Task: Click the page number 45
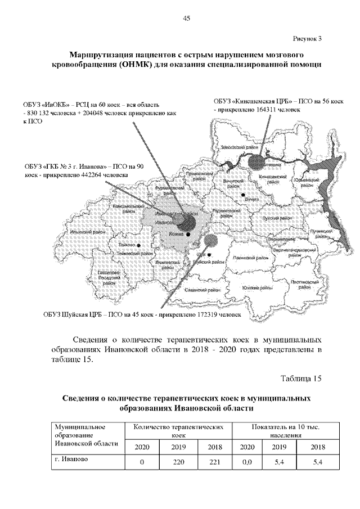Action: point(187,19)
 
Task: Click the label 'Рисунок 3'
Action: point(307,39)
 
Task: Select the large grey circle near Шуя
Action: point(211,240)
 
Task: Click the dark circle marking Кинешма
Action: point(258,161)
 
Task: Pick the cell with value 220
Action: point(177,462)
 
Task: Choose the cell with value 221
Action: point(214,462)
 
